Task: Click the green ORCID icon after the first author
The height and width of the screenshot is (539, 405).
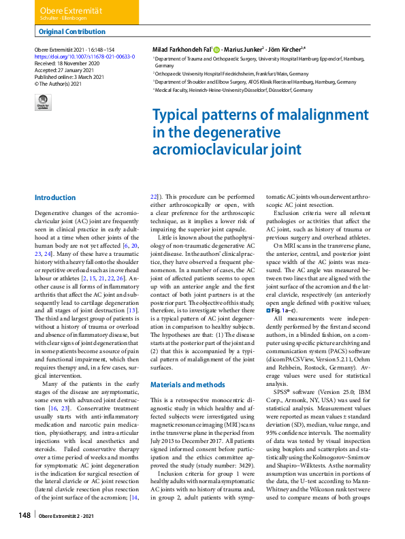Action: click(x=216, y=50)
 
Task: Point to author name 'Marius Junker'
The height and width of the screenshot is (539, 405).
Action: click(x=244, y=50)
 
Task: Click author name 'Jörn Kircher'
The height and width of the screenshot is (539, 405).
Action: click(x=283, y=50)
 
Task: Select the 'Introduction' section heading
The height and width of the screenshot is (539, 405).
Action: click(x=55, y=198)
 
